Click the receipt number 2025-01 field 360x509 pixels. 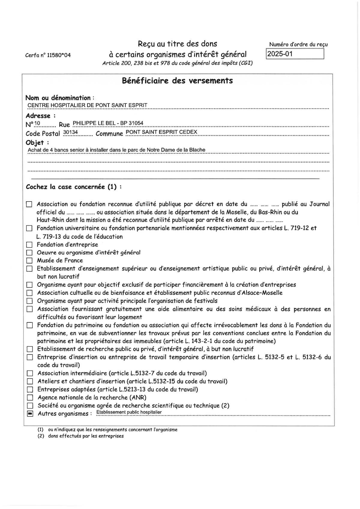click(x=295, y=54)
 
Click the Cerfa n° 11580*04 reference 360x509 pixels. click(x=48, y=55)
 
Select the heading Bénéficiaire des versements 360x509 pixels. click(x=177, y=81)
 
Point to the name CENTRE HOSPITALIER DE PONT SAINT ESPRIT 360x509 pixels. click(x=87, y=105)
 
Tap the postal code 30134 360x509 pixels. click(x=70, y=132)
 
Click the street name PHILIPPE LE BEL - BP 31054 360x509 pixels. click(x=108, y=123)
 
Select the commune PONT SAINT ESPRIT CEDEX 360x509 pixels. click(x=161, y=132)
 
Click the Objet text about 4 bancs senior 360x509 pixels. click(x=116, y=150)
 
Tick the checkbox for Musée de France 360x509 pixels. click(x=29, y=260)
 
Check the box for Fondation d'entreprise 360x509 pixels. click(x=29, y=245)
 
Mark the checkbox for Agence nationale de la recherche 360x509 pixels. click(x=30, y=398)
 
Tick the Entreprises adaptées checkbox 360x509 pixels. click(x=30, y=390)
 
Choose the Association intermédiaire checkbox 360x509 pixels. click(x=30, y=373)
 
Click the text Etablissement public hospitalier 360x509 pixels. click(x=129, y=412)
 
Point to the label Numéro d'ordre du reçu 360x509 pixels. click(x=298, y=44)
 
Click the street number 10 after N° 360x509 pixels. click(x=37, y=123)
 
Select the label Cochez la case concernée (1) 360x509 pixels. click(x=74, y=187)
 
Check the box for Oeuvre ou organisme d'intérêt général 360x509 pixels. click(x=29, y=253)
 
